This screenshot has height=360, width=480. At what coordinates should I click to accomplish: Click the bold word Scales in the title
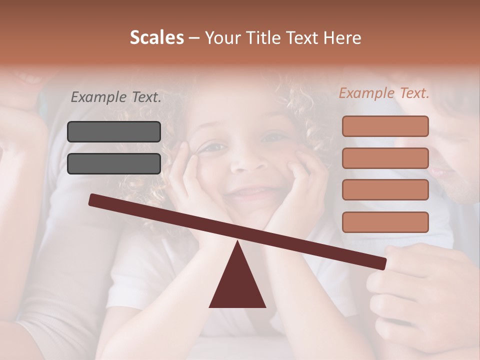(156, 38)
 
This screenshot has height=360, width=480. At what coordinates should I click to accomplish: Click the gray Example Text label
(116, 97)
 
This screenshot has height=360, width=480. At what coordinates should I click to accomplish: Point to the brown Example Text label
(384, 93)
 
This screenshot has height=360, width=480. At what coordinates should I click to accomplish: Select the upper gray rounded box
(114, 131)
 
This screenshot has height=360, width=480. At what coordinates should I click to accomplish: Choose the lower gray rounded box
(114, 163)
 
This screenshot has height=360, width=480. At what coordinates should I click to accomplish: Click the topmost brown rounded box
(385, 126)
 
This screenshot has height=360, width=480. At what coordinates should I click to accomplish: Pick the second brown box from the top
(385, 158)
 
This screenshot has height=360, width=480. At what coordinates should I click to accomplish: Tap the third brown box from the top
(385, 190)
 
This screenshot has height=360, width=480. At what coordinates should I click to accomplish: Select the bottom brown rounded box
(385, 222)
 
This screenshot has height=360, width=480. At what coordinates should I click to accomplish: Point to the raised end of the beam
(93, 199)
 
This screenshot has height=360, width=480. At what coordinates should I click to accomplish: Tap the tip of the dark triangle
(237, 243)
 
